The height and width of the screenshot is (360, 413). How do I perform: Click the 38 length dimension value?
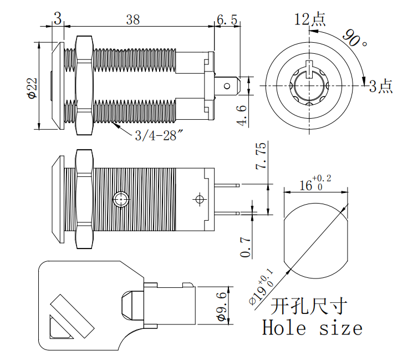tap(132, 19)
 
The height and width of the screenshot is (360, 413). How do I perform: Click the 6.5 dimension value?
tap(227, 19)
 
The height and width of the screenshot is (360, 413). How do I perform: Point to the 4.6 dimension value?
tap(242, 116)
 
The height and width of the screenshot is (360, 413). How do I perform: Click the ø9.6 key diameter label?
tap(220, 305)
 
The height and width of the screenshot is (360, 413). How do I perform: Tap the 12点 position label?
tap(310, 19)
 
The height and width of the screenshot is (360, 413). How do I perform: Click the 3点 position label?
tap(381, 86)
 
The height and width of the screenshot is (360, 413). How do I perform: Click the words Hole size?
tap(312, 328)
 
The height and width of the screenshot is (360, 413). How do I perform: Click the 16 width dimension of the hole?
tap(314, 184)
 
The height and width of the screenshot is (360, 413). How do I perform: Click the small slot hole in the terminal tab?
tap(227, 86)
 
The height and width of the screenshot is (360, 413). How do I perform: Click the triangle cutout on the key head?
tap(58, 328)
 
